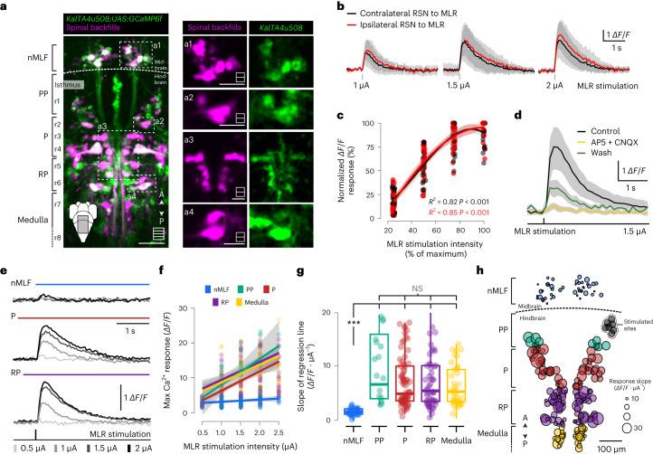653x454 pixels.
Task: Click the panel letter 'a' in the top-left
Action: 5,6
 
